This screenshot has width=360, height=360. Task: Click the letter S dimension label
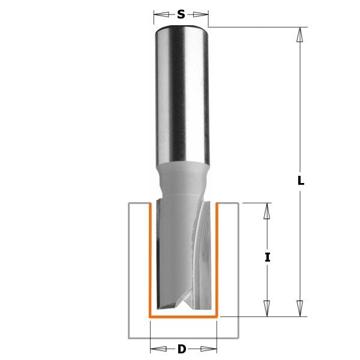[x=181, y=14]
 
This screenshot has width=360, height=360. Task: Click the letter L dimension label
[x=301, y=180]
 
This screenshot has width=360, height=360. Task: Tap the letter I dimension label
[x=267, y=257]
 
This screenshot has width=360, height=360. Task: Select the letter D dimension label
[x=182, y=349]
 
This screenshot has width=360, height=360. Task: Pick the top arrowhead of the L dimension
[x=299, y=35]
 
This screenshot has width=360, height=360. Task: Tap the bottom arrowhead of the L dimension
[x=299, y=308]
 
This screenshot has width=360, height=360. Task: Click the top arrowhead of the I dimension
[x=266, y=211]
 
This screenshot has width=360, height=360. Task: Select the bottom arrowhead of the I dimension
[x=266, y=308]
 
